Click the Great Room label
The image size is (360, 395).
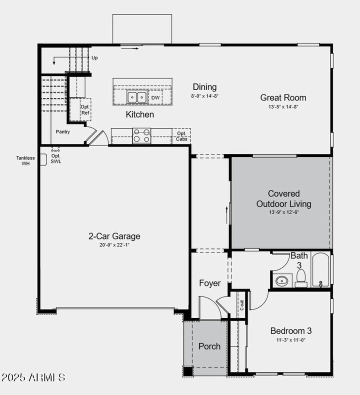tap(283, 97)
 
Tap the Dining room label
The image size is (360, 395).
tap(204, 87)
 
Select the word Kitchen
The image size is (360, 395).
tap(139, 114)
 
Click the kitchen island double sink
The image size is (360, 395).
tap(136, 97)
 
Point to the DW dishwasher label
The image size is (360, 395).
tap(155, 97)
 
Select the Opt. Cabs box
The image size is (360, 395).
tap(181, 136)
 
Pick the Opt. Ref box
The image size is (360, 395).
tap(79, 109)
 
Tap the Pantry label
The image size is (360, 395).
tap(63, 132)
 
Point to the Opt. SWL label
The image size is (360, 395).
tap(56, 158)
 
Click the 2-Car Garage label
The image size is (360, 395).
tap(114, 236)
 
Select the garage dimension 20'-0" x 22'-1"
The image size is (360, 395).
tap(114, 245)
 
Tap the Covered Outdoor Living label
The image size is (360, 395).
tap(283, 198)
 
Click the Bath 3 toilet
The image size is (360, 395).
tap(301, 277)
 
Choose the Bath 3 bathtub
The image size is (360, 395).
tap(320, 270)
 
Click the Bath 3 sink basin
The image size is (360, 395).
tap(282, 280)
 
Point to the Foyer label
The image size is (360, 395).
tap(210, 283)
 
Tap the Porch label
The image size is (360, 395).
tap(209, 346)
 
